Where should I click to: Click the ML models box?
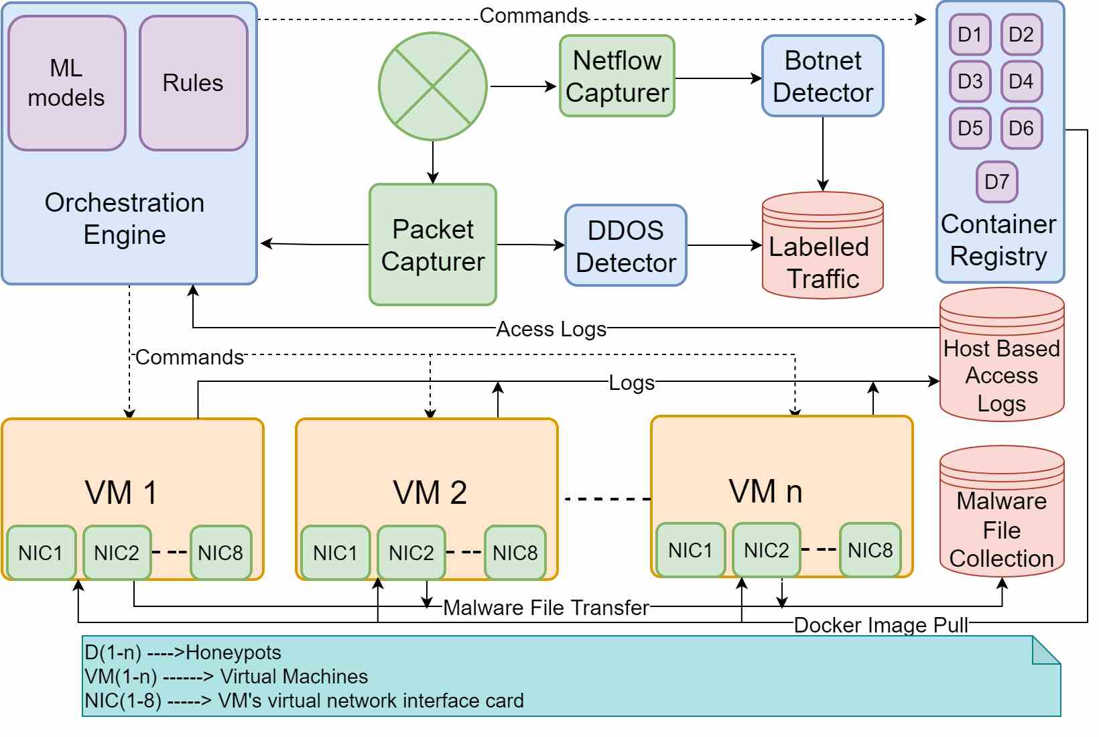[67, 83]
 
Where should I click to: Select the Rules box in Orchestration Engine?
[193, 83]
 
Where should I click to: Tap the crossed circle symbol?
[433, 86]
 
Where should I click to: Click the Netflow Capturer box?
[617, 76]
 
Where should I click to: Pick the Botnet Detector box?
[823, 76]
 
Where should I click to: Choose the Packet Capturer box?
[433, 245]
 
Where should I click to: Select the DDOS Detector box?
[625, 245]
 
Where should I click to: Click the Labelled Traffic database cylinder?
[823, 245]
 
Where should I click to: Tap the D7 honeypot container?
[997, 182]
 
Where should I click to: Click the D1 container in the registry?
[970, 34]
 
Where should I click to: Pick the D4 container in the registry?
[1021, 81]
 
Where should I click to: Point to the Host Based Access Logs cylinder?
[1002, 354]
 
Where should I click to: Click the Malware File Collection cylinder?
[1002, 511]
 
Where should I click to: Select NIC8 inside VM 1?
[220, 553]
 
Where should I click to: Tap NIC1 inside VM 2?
[335, 553]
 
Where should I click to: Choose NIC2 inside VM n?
[767, 550]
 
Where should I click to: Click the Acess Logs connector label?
[552, 329]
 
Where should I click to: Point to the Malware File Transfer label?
[547, 608]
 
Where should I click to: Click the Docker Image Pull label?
[881, 625]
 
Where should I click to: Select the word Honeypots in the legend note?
[233, 653]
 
